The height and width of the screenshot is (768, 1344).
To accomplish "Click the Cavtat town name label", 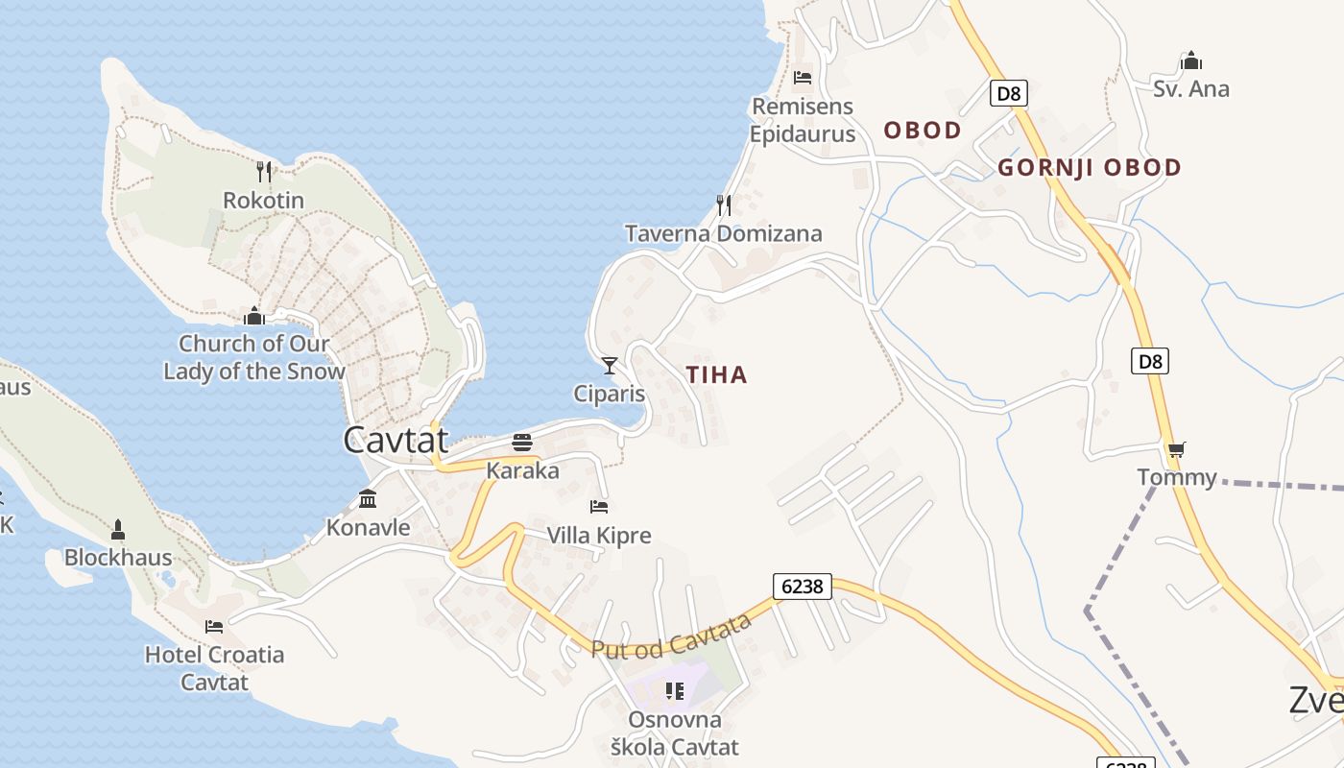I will tap(396, 440).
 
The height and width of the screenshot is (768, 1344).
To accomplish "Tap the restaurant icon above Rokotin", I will tap(264, 172).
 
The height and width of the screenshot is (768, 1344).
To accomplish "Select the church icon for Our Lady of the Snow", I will tap(254, 316).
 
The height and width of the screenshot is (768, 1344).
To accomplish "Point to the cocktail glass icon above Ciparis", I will tap(609, 366).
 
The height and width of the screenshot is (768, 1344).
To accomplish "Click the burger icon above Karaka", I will tap(522, 443).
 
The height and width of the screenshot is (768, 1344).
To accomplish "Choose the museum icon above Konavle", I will tap(368, 499).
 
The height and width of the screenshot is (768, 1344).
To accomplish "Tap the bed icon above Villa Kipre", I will tap(599, 507).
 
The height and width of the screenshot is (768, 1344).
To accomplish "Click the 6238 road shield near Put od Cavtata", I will tap(802, 586).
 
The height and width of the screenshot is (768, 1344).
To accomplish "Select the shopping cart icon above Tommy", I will tap(1176, 449).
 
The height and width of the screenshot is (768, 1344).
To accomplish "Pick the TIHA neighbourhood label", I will tap(717, 375).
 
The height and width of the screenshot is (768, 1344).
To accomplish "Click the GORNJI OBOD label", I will tap(1090, 168).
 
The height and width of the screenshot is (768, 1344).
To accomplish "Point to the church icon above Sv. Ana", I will tap(1191, 61).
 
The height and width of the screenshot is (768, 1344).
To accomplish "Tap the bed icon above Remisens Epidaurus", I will tap(803, 77).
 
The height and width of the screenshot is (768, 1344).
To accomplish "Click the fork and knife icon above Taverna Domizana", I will tap(724, 205).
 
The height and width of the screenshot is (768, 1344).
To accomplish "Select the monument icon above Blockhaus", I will tap(118, 529).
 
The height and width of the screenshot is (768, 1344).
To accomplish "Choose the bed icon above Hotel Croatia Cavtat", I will tap(214, 627).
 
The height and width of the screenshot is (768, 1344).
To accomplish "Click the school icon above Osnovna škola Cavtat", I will tap(675, 691).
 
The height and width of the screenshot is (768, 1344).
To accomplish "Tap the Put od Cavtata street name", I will tap(671, 637).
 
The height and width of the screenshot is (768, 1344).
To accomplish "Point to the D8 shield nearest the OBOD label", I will tap(1009, 93).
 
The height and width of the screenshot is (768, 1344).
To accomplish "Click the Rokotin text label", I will tap(263, 201).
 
